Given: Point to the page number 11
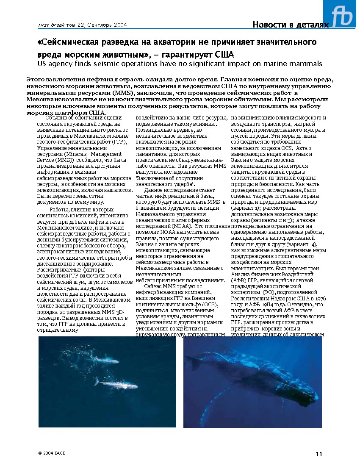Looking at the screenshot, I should (318, 454).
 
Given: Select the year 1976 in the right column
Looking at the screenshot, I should (320, 298).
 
